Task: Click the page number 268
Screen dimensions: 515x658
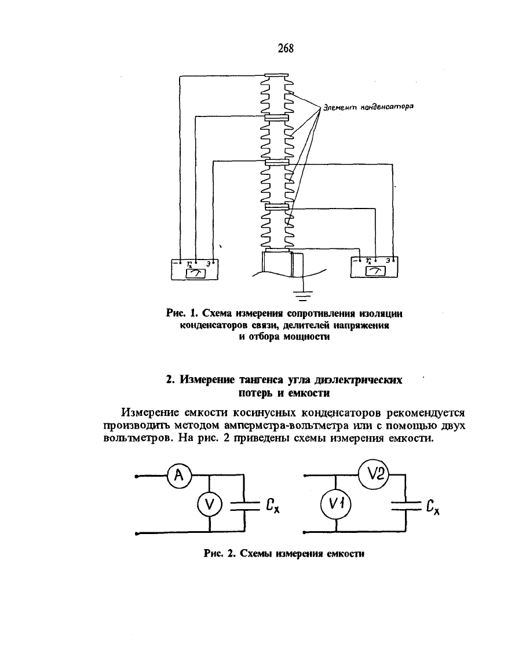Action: [x=286, y=48]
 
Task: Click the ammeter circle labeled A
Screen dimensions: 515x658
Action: [x=179, y=476]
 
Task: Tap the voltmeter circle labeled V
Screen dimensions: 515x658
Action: [x=209, y=504]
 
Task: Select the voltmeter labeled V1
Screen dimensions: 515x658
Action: [x=336, y=504]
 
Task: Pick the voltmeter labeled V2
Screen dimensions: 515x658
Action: [x=374, y=474]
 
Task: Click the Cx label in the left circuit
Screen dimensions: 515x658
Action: [x=272, y=506]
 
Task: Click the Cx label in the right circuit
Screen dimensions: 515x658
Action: [x=433, y=507]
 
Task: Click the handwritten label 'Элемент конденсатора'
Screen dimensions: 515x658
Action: [x=368, y=107]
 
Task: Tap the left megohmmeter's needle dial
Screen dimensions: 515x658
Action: [x=195, y=273]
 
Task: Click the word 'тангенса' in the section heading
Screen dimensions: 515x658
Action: [x=261, y=380]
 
